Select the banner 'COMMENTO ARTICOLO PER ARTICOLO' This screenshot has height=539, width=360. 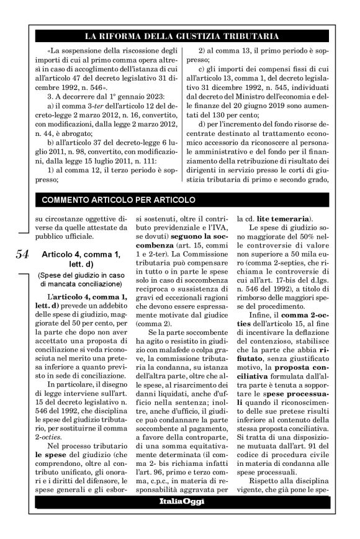[118, 200]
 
